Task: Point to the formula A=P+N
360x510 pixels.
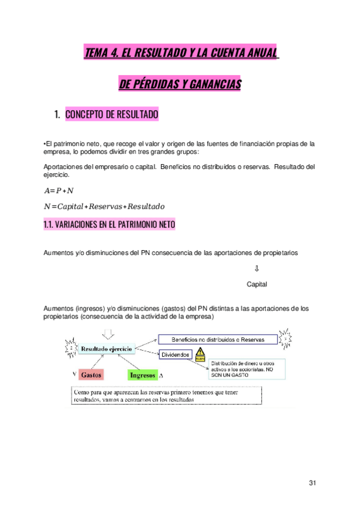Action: tap(59, 191)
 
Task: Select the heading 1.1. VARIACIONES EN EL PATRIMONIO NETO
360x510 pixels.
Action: tap(109, 224)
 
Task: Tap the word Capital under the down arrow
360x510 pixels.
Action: tap(257, 284)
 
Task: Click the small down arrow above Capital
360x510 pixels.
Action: tap(257, 269)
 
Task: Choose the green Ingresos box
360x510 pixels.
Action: tap(142, 375)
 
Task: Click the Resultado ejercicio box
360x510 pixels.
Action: tap(107, 348)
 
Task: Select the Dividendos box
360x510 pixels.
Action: tap(175, 355)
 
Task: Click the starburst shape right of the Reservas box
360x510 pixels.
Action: tap(287, 339)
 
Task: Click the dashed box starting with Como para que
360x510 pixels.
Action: tap(162, 395)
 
